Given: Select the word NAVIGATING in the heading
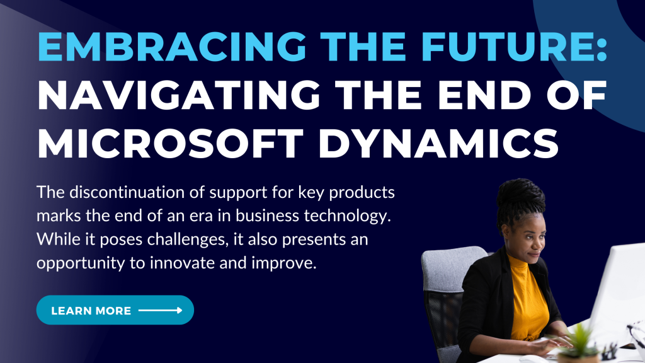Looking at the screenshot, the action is [178, 95].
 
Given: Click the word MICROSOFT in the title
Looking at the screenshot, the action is [170, 143].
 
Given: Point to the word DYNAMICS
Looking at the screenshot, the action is [438, 143].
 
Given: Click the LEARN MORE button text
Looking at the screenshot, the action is [91, 311].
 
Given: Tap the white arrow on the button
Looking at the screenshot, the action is [161, 310].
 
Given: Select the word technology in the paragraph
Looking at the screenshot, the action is [347, 216].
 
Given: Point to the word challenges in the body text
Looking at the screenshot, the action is [188, 239].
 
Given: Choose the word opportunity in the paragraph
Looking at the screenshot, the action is [80, 263].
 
